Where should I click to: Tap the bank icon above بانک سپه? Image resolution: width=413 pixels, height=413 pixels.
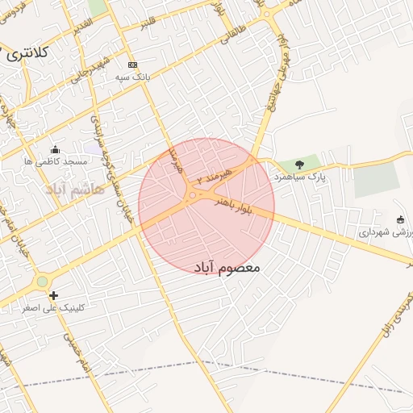tap(133, 65)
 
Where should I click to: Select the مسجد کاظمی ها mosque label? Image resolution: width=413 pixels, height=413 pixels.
tap(56, 161)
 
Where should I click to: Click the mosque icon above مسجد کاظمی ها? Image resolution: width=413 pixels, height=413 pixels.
tap(55, 149)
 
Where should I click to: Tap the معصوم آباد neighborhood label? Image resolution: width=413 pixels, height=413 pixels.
tap(228, 266)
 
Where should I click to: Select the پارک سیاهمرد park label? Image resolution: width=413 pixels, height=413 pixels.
tap(300, 175)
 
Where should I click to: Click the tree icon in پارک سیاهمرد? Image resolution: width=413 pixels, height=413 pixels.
tap(307, 164)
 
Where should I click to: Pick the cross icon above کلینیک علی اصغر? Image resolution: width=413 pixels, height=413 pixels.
tap(53, 295)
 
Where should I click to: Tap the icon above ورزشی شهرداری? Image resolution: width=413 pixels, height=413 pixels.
tap(401, 219)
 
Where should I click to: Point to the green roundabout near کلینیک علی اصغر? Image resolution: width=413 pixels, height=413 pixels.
tap(42, 282)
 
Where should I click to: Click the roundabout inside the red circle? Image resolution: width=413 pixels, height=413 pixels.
tap(193, 194)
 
